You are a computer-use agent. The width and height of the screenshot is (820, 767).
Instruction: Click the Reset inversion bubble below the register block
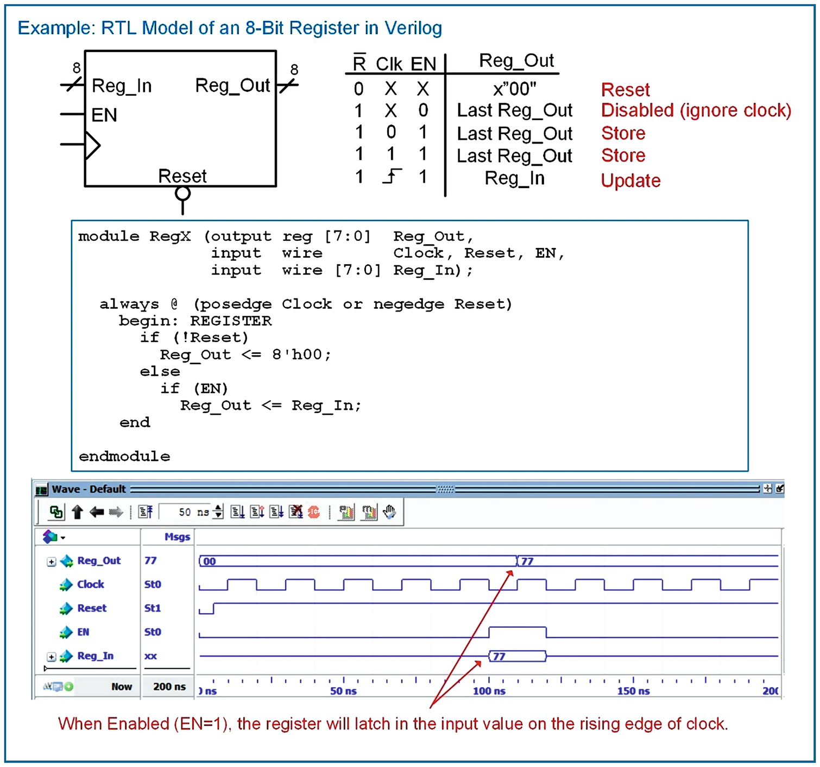(x=183, y=194)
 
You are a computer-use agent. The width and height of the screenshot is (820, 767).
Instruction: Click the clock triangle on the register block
(x=93, y=145)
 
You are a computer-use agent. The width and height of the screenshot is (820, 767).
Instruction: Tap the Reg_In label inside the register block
(x=122, y=86)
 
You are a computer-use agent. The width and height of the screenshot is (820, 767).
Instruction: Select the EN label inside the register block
(x=104, y=115)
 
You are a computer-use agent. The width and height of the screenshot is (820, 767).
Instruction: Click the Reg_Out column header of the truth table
(x=516, y=61)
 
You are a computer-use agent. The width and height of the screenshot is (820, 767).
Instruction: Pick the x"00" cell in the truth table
(x=514, y=89)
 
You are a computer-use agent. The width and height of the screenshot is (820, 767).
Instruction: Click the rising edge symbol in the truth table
(x=392, y=177)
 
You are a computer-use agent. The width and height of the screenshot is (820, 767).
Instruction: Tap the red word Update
(x=630, y=180)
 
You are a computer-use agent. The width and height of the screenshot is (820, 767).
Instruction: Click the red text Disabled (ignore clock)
(x=696, y=110)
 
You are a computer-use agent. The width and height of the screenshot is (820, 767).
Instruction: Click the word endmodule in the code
(x=124, y=457)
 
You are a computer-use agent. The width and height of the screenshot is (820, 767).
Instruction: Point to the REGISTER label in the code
(x=231, y=321)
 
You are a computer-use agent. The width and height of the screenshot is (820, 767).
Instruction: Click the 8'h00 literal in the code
(x=301, y=355)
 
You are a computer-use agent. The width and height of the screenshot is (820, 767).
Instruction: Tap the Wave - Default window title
(x=89, y=489)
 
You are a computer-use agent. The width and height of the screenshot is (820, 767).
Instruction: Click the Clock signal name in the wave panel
(x=91, y=584)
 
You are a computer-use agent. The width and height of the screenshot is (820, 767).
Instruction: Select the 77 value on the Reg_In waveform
(x=499, y=656)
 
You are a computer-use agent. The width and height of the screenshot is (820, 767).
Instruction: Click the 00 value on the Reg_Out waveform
(x=210, y=562)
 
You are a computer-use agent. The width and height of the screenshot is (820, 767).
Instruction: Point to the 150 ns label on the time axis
(x=633, y=691)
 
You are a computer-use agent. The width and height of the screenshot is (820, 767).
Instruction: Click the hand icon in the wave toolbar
(x=389, y=512)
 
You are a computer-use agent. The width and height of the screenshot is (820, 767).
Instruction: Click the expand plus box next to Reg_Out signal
(x=52, y=562)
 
